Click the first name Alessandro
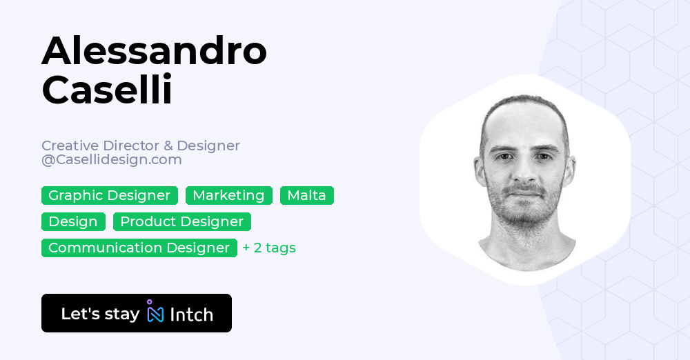pyautogui.click(x=154, y=52)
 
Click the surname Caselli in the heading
pyautogui.click(x=107, y=90)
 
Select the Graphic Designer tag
pyautogui.click(x=109, y=195)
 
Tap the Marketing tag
pyautogui.click(x=228, y=195)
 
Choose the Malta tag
pyautogui.click(x=306, y=195)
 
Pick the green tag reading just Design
pyautogui.click(x=73, y=221)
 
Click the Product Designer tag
pyautogui.click(x=181, y=221)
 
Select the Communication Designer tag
pyautogui.click(x=139, y=248)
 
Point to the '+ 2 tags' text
pyautogui.click(x=269, y=248)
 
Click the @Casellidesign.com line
pyautogui.click(x=112, y=159)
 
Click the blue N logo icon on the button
pyautogui.click(x=155, y=314)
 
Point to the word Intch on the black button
pyautogui.click(x=191, y=314)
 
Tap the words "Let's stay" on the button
pyautogui.click(x=100, y=314)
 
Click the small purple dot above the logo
pyautogui.click(x=149, y=301)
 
